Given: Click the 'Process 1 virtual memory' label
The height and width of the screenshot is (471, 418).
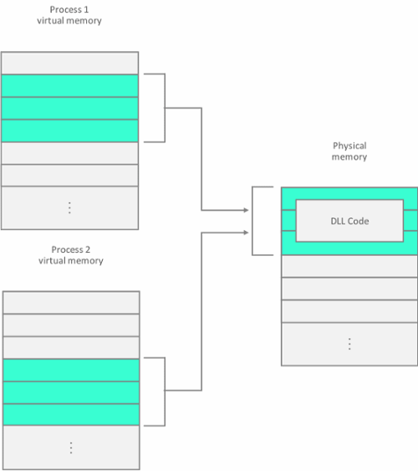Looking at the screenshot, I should [x=69, y=15].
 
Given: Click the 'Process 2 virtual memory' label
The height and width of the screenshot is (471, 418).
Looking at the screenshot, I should [x=70, y=255].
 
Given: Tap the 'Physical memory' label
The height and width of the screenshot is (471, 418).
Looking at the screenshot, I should [x=349, y=151].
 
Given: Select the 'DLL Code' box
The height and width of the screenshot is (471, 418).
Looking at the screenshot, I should [x=349, y=221].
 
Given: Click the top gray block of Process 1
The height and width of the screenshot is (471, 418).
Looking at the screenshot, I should [x=69, y=63].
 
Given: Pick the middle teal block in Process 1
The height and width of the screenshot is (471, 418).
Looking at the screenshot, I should [x=69, y=108].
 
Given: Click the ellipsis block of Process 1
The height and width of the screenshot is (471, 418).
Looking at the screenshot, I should [x=69, y=207].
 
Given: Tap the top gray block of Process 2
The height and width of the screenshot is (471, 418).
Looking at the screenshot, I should [x=71, y=302].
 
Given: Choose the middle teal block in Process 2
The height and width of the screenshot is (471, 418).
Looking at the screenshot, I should [x=71, y=392].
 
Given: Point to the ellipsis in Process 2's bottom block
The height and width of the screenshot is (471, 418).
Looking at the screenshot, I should [x=71, y=448].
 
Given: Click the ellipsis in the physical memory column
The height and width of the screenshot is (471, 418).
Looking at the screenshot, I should [x=349, y=343].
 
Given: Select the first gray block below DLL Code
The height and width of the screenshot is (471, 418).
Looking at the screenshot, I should [x=349, y=266].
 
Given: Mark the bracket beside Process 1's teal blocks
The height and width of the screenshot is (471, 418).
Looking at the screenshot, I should [x=165, y=108].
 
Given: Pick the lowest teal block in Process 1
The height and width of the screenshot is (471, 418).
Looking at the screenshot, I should [x=69, y=131].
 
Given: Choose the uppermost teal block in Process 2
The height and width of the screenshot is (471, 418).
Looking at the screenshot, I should [x=71, y=370].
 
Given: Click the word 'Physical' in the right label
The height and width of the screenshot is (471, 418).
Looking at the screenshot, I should [x=349, y=146].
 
